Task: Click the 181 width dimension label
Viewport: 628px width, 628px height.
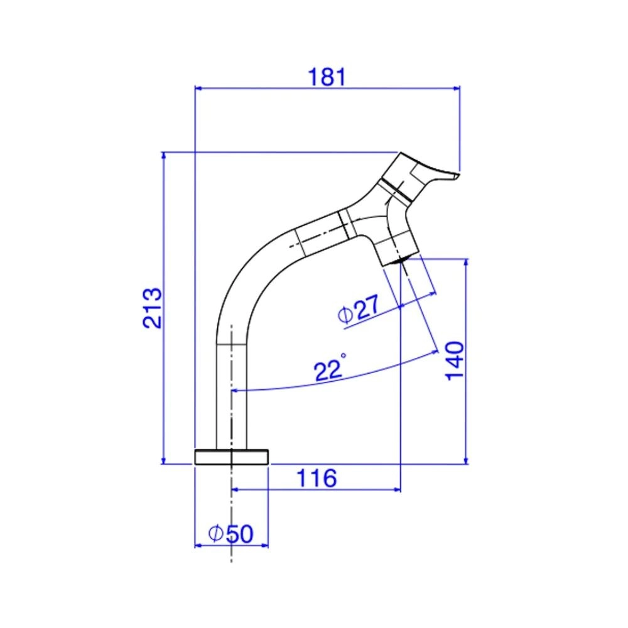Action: tap(327, 77)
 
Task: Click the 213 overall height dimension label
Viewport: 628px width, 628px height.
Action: tap(152, 308)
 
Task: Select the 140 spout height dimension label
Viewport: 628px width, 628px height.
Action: tap(454, 360)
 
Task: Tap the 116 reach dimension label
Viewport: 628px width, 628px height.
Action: tap(317, 479)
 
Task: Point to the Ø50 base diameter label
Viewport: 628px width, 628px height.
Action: tap(230, 534)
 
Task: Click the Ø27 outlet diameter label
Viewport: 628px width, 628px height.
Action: tap(359, 310)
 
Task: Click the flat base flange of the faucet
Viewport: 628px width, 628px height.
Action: tap(232, 457)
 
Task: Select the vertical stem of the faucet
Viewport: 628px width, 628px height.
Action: tap(232, 396)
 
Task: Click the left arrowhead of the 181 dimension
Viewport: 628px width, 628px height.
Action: tap(198, 89)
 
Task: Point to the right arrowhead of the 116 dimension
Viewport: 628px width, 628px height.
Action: tap(396, 490)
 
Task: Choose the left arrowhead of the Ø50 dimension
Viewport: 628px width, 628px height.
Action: tap(198, 545)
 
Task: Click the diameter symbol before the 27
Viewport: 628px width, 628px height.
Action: tap(345, 315)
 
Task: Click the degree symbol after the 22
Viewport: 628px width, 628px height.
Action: tap(343, 356)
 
